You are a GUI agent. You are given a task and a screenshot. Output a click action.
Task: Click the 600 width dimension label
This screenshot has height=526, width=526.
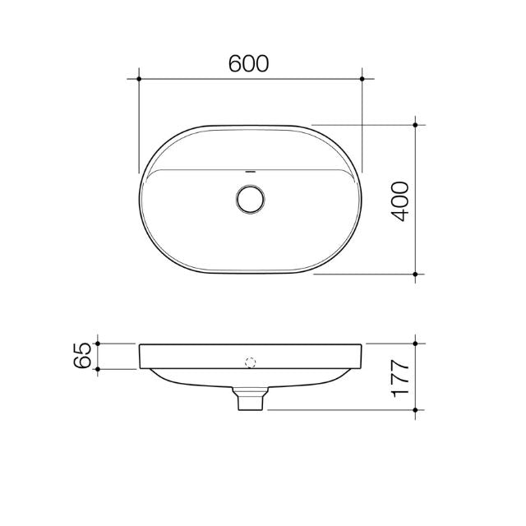tap(250, 65)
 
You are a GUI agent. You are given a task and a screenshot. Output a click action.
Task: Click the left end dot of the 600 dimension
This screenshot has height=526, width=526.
tap(141, 79)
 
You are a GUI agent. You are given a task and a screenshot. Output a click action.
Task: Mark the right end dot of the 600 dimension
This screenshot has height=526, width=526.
tap(362, 79)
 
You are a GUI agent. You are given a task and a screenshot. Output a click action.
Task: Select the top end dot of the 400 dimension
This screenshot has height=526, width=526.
tap(417, 125)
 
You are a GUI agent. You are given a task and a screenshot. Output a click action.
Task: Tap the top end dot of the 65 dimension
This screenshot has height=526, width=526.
tap(98, 343)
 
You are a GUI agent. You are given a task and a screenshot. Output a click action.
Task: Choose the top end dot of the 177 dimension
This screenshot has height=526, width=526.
tap(417, 343)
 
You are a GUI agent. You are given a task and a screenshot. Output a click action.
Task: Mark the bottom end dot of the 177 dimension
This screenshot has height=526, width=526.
tap(417, 408)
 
